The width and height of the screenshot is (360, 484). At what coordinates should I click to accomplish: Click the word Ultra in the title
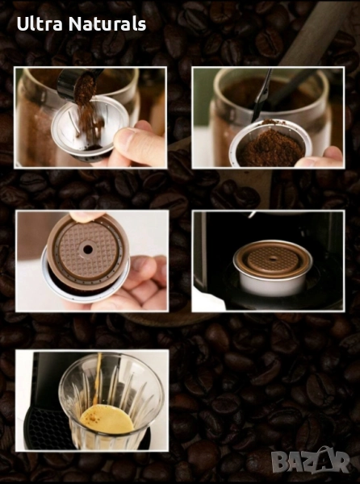click(40, 23)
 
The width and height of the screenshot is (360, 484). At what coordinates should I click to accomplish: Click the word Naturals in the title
click(107, 23)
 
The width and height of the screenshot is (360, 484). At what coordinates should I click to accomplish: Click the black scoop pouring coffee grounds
click(74, 82)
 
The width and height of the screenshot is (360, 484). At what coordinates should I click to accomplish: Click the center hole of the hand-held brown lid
click(88, 249)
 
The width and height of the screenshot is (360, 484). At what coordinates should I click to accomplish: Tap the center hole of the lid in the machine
click(273, 259)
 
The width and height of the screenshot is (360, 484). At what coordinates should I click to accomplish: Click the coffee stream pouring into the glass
click(98, 379)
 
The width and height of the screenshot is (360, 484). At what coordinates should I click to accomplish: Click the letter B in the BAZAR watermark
click(280, 462)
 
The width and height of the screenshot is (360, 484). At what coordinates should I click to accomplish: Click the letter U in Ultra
click(23, 24)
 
